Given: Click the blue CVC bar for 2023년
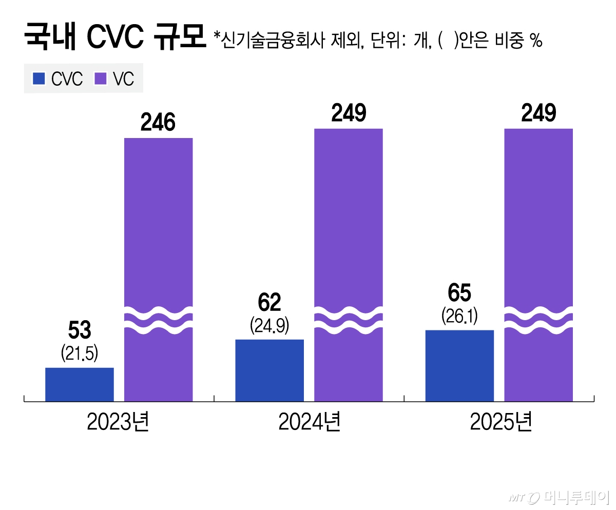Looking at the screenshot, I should click(x=80, y=384).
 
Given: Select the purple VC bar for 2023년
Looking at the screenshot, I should click(x=159, y=231).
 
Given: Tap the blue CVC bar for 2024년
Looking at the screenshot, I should click(x=269, y=370).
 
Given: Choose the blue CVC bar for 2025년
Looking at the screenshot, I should click(x=459, y=365).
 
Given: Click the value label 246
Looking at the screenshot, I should click(x=159, y=123).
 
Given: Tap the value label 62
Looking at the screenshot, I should click(x=269, y=303).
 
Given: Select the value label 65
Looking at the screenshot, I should click(x=459, y=293).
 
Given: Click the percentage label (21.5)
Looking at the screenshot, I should click(x=80, y=352).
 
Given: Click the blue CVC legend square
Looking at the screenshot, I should click(x=39, y=79).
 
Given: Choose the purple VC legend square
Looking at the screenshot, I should click(x=100, y=79).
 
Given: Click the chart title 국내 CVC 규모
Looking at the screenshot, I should click(x=113, y=38).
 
